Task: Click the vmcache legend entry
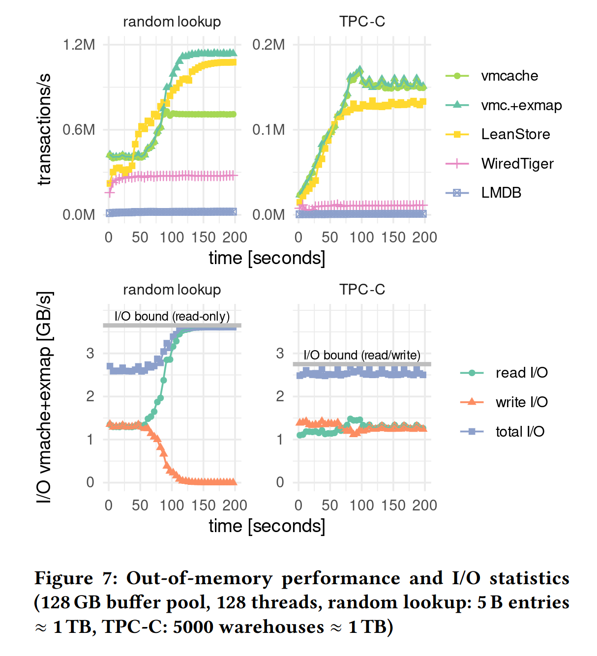pyautogui.click(x=509, y=76)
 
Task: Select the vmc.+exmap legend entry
pyautogui.click(x=521, y=105)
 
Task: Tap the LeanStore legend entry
pyautogui.click(x=515, y=134)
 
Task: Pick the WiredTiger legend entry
pyautogui.click(x=517, y=164)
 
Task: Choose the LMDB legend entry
pyautogui.click(x=501, y=193)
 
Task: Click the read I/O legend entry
pyautogui.click(x=521, y=373)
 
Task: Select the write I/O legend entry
pyautogui.click(x=521, y=402)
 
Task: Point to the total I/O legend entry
pyautogui.click(x=520, y=432)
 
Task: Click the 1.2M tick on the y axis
pyautogui.click(x=79, y=45)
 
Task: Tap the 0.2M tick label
pyautogui.click(x=269, y=45)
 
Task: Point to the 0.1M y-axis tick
pyautogui.click(x=269, y=130)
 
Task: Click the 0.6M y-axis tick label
pyautogui.click(x=79, y=130)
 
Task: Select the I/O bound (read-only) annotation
pyautogui.click(x=172, y=316)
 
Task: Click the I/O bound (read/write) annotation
pyautogui.click(x=361, y=355)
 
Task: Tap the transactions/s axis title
pyautogui.click(x=44, y=129)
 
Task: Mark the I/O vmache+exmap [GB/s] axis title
pyautogui.click(x=44, y=397)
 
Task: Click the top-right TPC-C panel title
pyautogui.click(x=362, y=22)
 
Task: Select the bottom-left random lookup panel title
pyautogui.click(x=172, y=290)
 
